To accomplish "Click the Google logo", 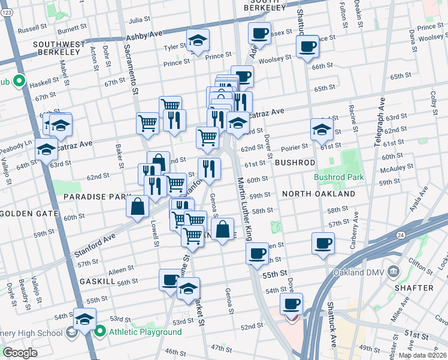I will tap(20, 353).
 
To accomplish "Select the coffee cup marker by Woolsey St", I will tap(307, 47).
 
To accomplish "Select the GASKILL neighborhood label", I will tap(96, 281).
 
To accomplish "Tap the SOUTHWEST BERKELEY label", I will tap(56, 48).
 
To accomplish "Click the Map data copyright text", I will tap(422, 355).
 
